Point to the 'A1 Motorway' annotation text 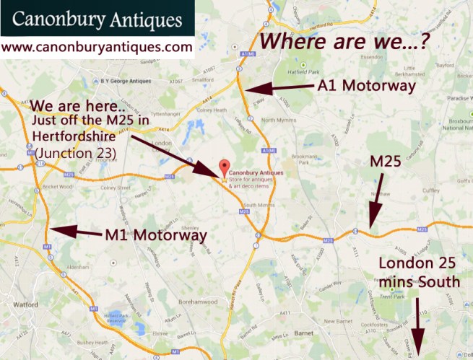[367, 87]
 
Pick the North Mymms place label [279, 120]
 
